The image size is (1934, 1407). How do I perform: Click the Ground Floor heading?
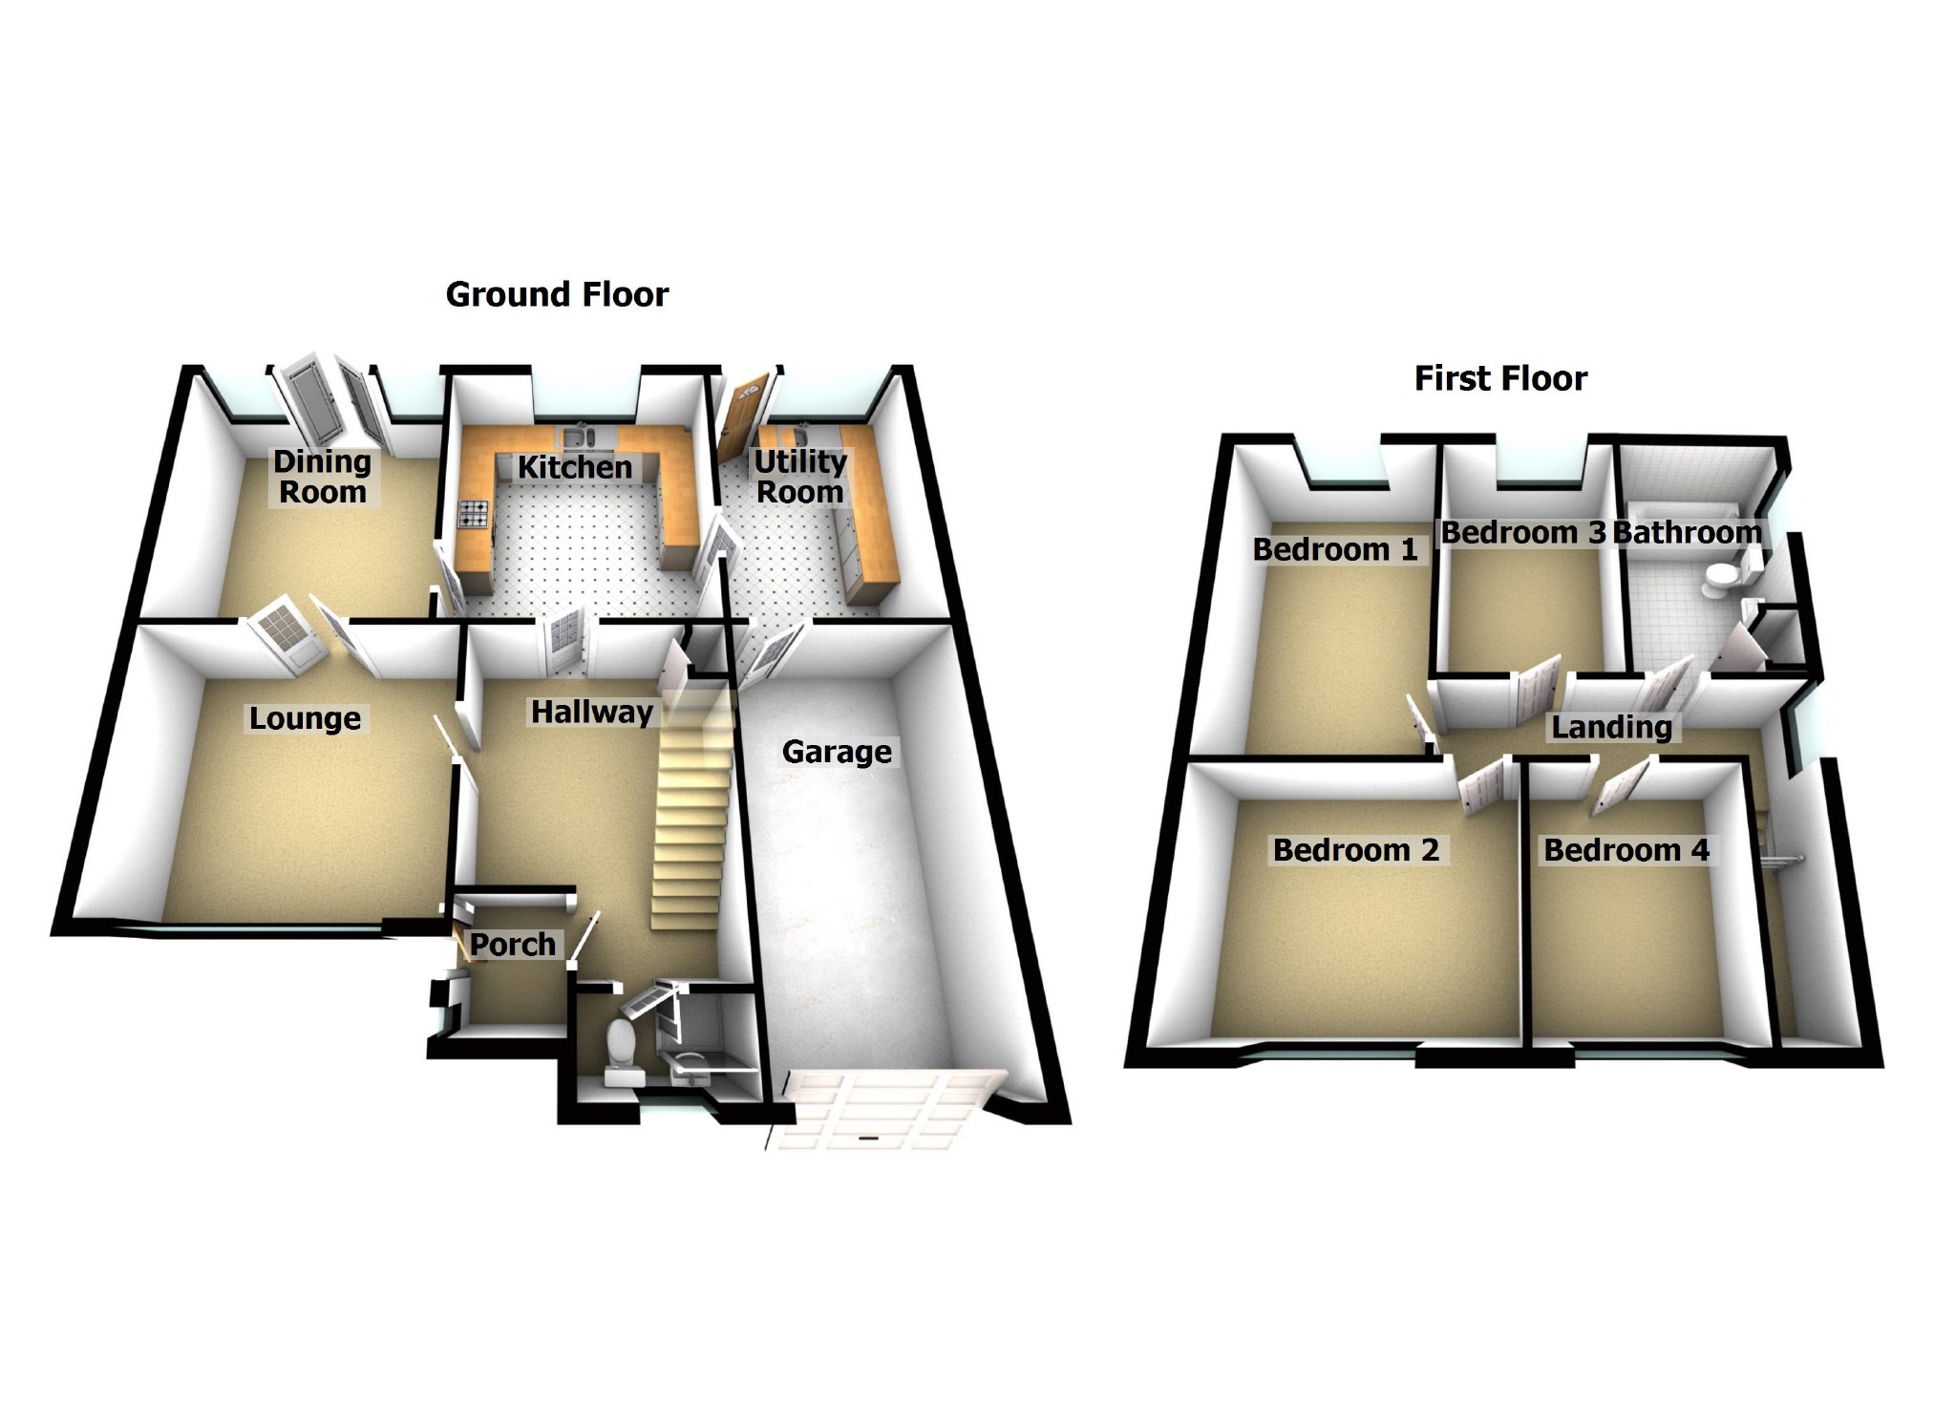(557, 294)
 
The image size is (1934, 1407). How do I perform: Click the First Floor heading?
(1500, 378)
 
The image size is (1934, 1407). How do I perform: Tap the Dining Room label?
(322, 476)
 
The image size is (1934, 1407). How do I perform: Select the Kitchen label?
(575, 467)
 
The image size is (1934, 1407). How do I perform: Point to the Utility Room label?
(800, 476)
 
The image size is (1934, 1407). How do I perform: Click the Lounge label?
(305, 718)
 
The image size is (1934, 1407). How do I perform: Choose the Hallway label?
(592, 712)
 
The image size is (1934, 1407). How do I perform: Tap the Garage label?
(837, 752)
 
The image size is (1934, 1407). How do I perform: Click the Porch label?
(513, 944)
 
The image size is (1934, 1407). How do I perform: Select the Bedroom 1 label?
(1335, 549)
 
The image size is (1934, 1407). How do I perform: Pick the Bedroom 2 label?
(1356, 849)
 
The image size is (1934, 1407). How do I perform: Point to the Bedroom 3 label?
(1522, 532)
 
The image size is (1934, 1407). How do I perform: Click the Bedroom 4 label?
(1626, 849)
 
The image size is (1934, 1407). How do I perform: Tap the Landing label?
(1611, 727)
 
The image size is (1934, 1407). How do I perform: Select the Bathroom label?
(1687, 532)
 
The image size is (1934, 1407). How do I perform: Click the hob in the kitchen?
(475, 515)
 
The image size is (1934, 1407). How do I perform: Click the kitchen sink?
(577, 438)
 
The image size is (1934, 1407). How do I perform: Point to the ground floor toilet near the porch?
(622, 1045)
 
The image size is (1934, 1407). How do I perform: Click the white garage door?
(888, 1108)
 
